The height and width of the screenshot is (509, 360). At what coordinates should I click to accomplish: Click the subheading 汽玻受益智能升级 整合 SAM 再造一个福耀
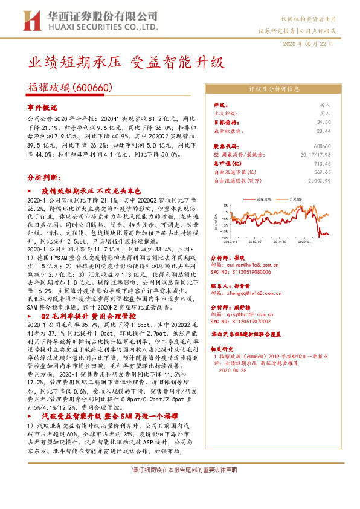[x=108, y=416]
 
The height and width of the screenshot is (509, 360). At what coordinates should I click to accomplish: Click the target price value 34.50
[x=324, y=122]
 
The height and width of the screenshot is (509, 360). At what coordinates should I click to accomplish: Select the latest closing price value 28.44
[x=324, y=130]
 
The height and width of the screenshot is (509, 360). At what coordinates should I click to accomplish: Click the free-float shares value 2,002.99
[x=320, y=180]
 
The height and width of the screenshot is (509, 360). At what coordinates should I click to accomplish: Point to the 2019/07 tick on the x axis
[x=254, y=241]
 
